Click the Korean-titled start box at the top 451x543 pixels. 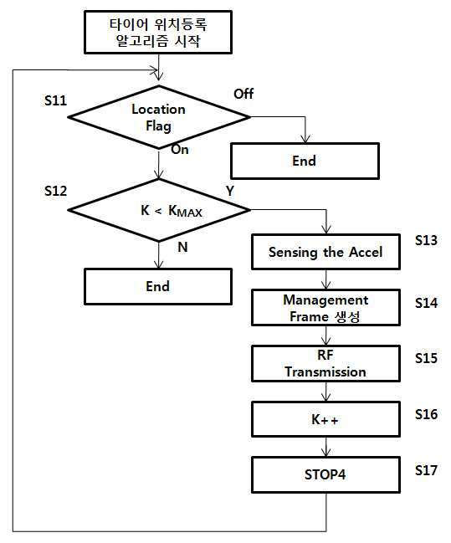coord(158,32)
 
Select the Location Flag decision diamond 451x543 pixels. coord(159,117)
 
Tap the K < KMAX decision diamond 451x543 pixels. coord(159,210)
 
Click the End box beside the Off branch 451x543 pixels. coord(305,161)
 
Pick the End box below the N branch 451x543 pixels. coord(158,286)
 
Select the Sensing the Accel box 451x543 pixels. coord(326,252)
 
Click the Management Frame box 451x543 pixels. coord(326,308)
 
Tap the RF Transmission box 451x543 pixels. coord(326,364)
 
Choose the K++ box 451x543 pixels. coord(326,419)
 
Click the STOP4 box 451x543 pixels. coord(326,474)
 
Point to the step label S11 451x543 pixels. coord(55,100)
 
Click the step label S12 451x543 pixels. coord(55,191)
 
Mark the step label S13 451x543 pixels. coord(426,240)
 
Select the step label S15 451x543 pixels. coord(426,358)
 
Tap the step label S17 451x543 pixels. coord(426,470)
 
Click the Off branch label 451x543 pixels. coord(243,94)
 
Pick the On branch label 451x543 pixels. coord(180,150)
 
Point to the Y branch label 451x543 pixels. coord(230,191)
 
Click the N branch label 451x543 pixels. coord(182,248)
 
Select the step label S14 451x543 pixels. coord(426,303)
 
